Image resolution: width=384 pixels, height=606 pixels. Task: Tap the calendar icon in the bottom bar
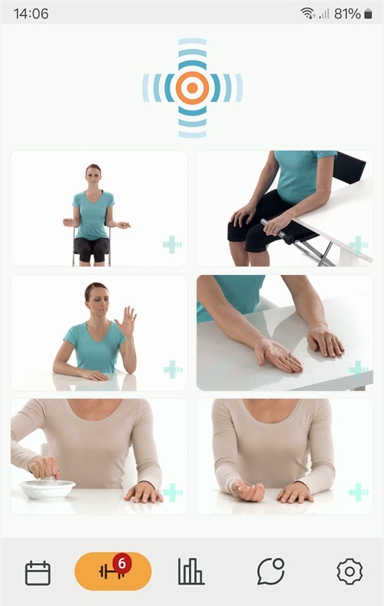point(38,573)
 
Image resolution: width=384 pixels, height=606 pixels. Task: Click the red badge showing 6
point(122,564)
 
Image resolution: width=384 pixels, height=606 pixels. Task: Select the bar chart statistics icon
point(190,571)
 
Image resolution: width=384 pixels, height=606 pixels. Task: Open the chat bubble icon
point(271,571)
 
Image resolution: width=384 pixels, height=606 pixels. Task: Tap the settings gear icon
point(349,571)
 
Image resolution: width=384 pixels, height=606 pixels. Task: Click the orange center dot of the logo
point(192,88)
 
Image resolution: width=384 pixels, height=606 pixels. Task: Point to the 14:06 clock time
point(31,14)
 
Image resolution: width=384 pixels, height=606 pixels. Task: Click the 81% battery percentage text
point(347,14)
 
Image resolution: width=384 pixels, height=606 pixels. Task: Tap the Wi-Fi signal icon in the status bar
point(307,14)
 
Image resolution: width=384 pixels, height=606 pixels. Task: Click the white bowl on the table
point(47,489)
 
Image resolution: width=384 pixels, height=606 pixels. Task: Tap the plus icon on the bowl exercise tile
point(172,492)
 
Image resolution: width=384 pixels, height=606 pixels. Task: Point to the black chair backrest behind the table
point(349,167)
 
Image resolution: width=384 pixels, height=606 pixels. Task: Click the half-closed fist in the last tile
point(248,490)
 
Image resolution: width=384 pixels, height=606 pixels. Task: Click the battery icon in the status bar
point(368,14)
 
